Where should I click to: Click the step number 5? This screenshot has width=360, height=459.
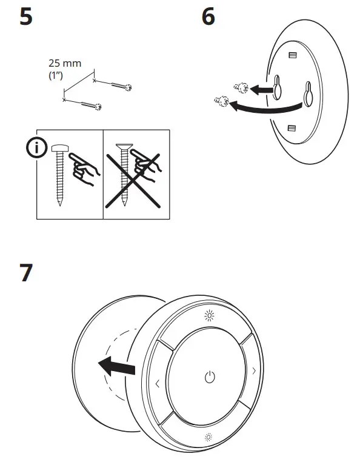(27, 17)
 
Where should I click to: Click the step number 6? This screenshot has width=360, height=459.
(208, 17)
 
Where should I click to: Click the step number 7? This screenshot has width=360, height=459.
(27, 273)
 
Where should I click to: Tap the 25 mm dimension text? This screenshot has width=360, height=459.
(64, 62)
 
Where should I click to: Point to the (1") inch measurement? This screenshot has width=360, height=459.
(56, 76)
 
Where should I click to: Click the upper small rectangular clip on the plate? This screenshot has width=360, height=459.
(293, 55)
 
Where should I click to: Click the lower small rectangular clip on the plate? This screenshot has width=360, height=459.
(291, 128)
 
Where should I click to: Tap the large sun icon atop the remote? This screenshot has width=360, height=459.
(208, 315)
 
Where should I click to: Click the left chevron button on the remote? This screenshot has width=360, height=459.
(158, 383)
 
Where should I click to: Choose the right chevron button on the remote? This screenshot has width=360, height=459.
(253, 370)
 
